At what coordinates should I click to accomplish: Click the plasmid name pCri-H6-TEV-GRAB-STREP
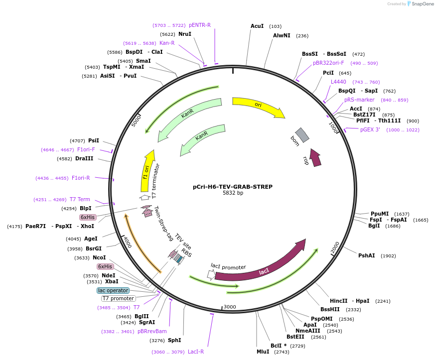[x=233, y=187]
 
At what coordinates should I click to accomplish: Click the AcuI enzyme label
[x=257, y=26]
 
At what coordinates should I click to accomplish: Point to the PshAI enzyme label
[x=366, y=255]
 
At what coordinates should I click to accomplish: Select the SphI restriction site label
[x=174, y=340]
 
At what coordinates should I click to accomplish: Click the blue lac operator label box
[x=113, y=290]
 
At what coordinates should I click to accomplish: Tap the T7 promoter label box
[x=118, y=298]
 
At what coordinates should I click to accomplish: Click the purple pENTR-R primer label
[x=199, y=25]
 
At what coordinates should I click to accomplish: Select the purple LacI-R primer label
[x=196, y=352]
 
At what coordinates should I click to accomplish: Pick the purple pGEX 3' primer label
[x=370, y=129]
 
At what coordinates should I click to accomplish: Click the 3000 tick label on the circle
[x=229, y=307]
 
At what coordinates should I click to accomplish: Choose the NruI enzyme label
[x=185, y=34]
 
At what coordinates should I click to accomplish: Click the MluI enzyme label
[x=263, y=351]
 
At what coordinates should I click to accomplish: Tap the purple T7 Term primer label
[x=80, y=199]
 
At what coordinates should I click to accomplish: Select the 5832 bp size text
[x=233, y=193]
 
